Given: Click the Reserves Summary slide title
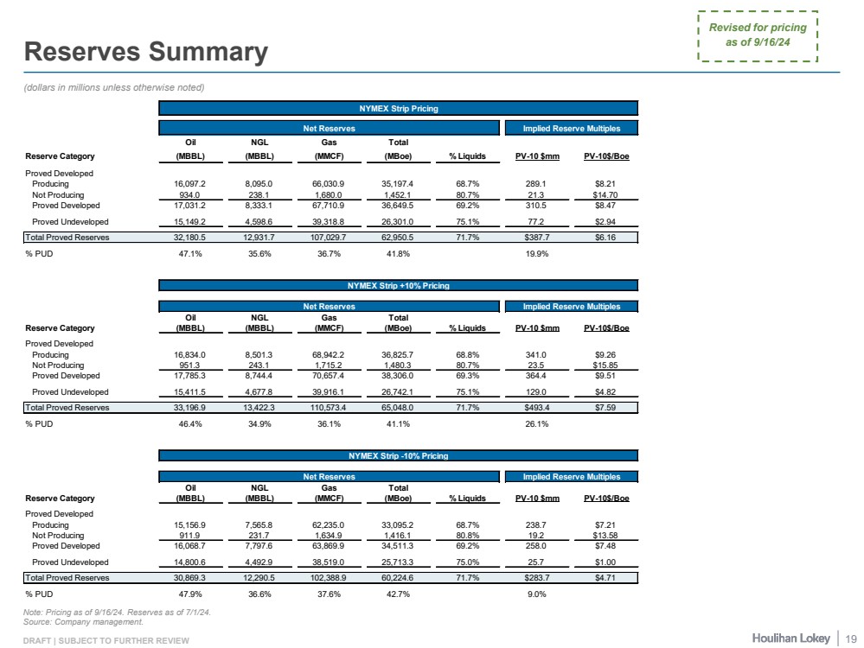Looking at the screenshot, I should click(x=145, y=52).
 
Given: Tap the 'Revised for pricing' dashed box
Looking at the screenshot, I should click(x=758, y=35).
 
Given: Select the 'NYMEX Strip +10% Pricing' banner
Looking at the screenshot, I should click(x=399, y=285).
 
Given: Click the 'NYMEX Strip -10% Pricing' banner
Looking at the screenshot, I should click(x=399, y=455).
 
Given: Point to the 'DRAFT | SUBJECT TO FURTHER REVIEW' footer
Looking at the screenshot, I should click(x=106, y=639).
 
